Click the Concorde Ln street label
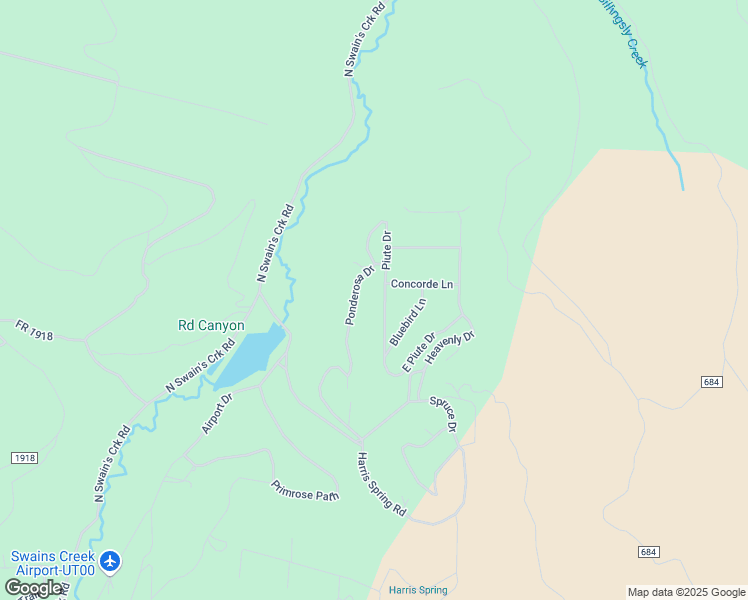[x=421, y=284]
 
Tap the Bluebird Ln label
[x=408, y=321]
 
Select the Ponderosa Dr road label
[x=359, y=294]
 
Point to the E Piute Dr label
[x=419, y=352]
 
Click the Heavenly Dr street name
[x=449, y=346]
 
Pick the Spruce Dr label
[x=444, y=414]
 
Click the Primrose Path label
[x=305, y=490]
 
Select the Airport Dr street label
[x=217, y=412]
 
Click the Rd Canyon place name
[x=211, y=325]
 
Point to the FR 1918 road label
[x=34, y=330]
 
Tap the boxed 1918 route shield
[x=25, y=457]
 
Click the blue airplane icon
[x=110, y=561]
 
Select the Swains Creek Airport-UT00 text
[x=52, y=563]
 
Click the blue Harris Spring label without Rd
[x=418, y=590]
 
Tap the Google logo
[x=33, y=588]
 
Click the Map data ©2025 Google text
[x=685, y=592]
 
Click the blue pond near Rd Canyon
[x=250, y=356]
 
